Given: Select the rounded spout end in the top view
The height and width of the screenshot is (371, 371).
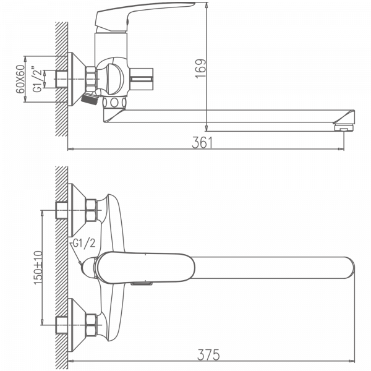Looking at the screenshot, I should pyautogui.click(x=346, y=267).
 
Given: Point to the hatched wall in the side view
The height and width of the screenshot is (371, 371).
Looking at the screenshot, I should pyautogui.click(x=61, y=80).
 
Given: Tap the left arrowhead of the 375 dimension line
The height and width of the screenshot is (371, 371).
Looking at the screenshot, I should pyautogui.click(x=69, y=361).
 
